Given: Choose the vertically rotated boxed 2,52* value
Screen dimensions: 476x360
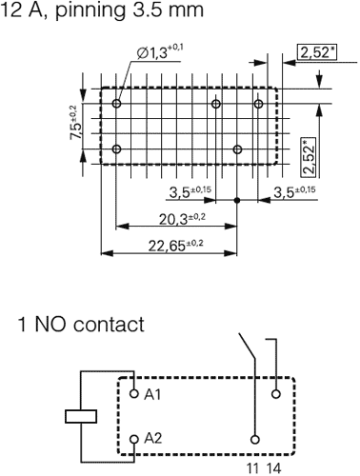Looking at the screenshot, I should [310, 156].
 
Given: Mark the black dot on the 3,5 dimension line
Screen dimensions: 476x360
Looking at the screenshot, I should [236, 201].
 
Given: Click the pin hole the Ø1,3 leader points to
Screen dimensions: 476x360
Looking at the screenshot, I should [116, 104].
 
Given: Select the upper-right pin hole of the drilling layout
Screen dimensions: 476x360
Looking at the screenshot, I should [258, 104].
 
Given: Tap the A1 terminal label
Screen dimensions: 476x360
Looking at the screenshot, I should [153, 393].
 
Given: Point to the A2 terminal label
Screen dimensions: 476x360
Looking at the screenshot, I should [153, 437].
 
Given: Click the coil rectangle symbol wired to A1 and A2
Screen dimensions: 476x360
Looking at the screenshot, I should [82, 415].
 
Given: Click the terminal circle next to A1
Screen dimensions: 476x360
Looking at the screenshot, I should [134, 393].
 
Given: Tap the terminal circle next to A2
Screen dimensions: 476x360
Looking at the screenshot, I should [134, 438].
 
